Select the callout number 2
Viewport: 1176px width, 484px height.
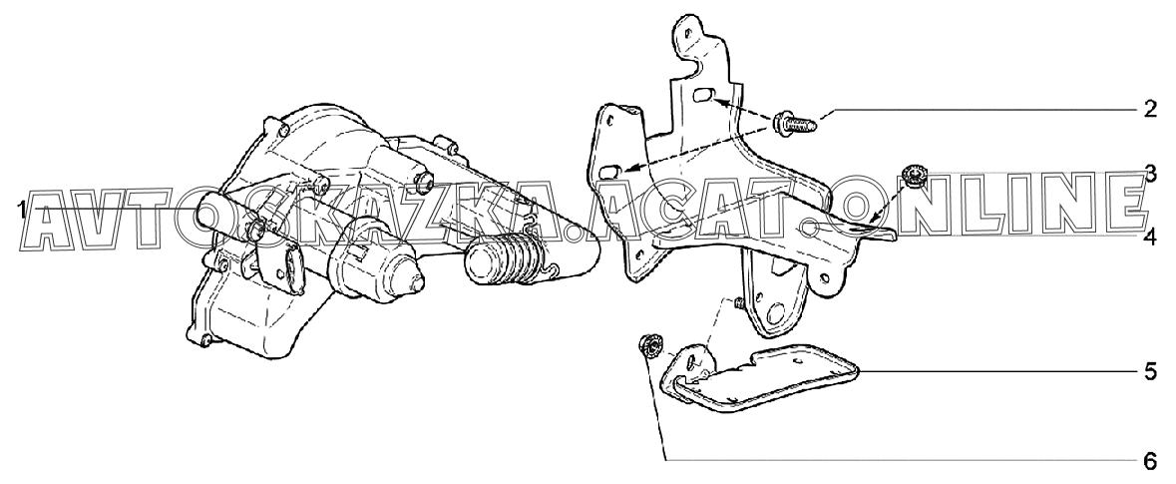tap(1150, 109)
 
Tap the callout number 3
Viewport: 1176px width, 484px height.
tap(1150, 172)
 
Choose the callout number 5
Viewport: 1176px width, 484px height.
tap(1150, 371)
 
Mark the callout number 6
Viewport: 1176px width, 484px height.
tap(1150, 461)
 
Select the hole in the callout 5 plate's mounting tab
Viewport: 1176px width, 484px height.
tap(696, 358)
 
